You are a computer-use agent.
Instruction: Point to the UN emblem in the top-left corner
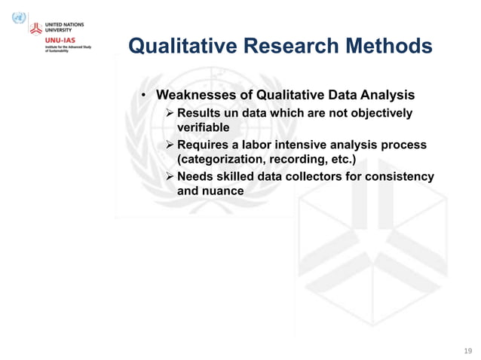tap(19, 17)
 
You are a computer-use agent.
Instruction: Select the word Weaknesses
tap(195, 96)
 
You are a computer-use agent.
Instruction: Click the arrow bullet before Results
tap(169, 113)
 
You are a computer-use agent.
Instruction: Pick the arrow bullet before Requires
tap(169, 145)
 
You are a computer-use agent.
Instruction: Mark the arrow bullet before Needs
tap(169, 176)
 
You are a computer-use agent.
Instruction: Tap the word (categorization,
tap(220, 160)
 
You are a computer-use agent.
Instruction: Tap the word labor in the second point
tap(258, 145)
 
